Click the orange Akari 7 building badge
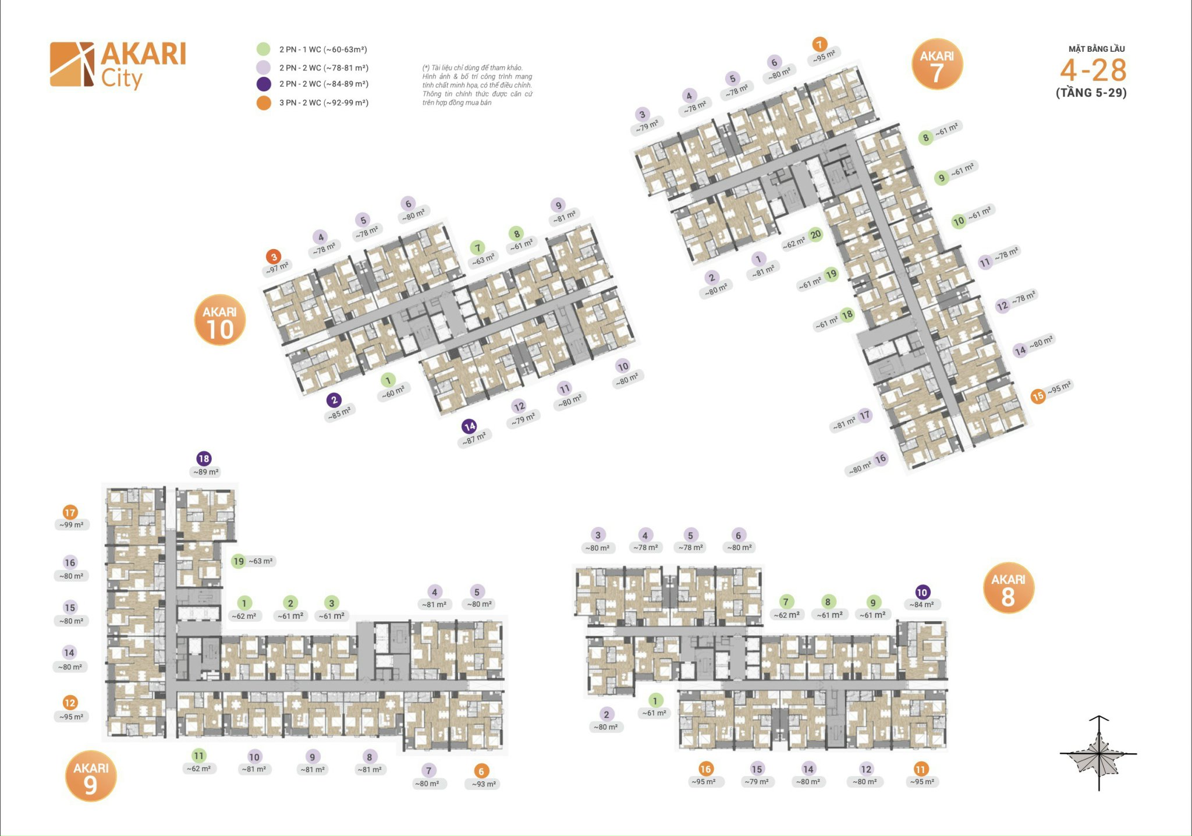(x=936, y=65)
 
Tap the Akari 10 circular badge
(x=220, y=320)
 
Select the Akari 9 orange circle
(x=91, y=776)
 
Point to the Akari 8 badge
(x=1008, y=588)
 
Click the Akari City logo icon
(x=72, y=64)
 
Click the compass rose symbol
(x=1098, y=753)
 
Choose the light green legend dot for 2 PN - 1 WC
(x=264, y=49)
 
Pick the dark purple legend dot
(x=264, y=84)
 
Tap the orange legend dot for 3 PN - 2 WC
(x=264, y=103)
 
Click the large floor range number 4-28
(x=1093, y=70)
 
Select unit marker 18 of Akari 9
(x=204, y=459)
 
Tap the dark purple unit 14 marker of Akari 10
(x=470, y=427)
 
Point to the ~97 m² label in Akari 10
(x=278, y=268)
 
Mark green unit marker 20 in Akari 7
(x=816, y=235)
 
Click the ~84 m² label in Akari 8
(x=922, y=605)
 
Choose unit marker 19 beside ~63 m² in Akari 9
(x=239, y=561)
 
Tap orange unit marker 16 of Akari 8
(x=705, y=769)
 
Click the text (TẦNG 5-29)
(x=1091, y=93)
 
